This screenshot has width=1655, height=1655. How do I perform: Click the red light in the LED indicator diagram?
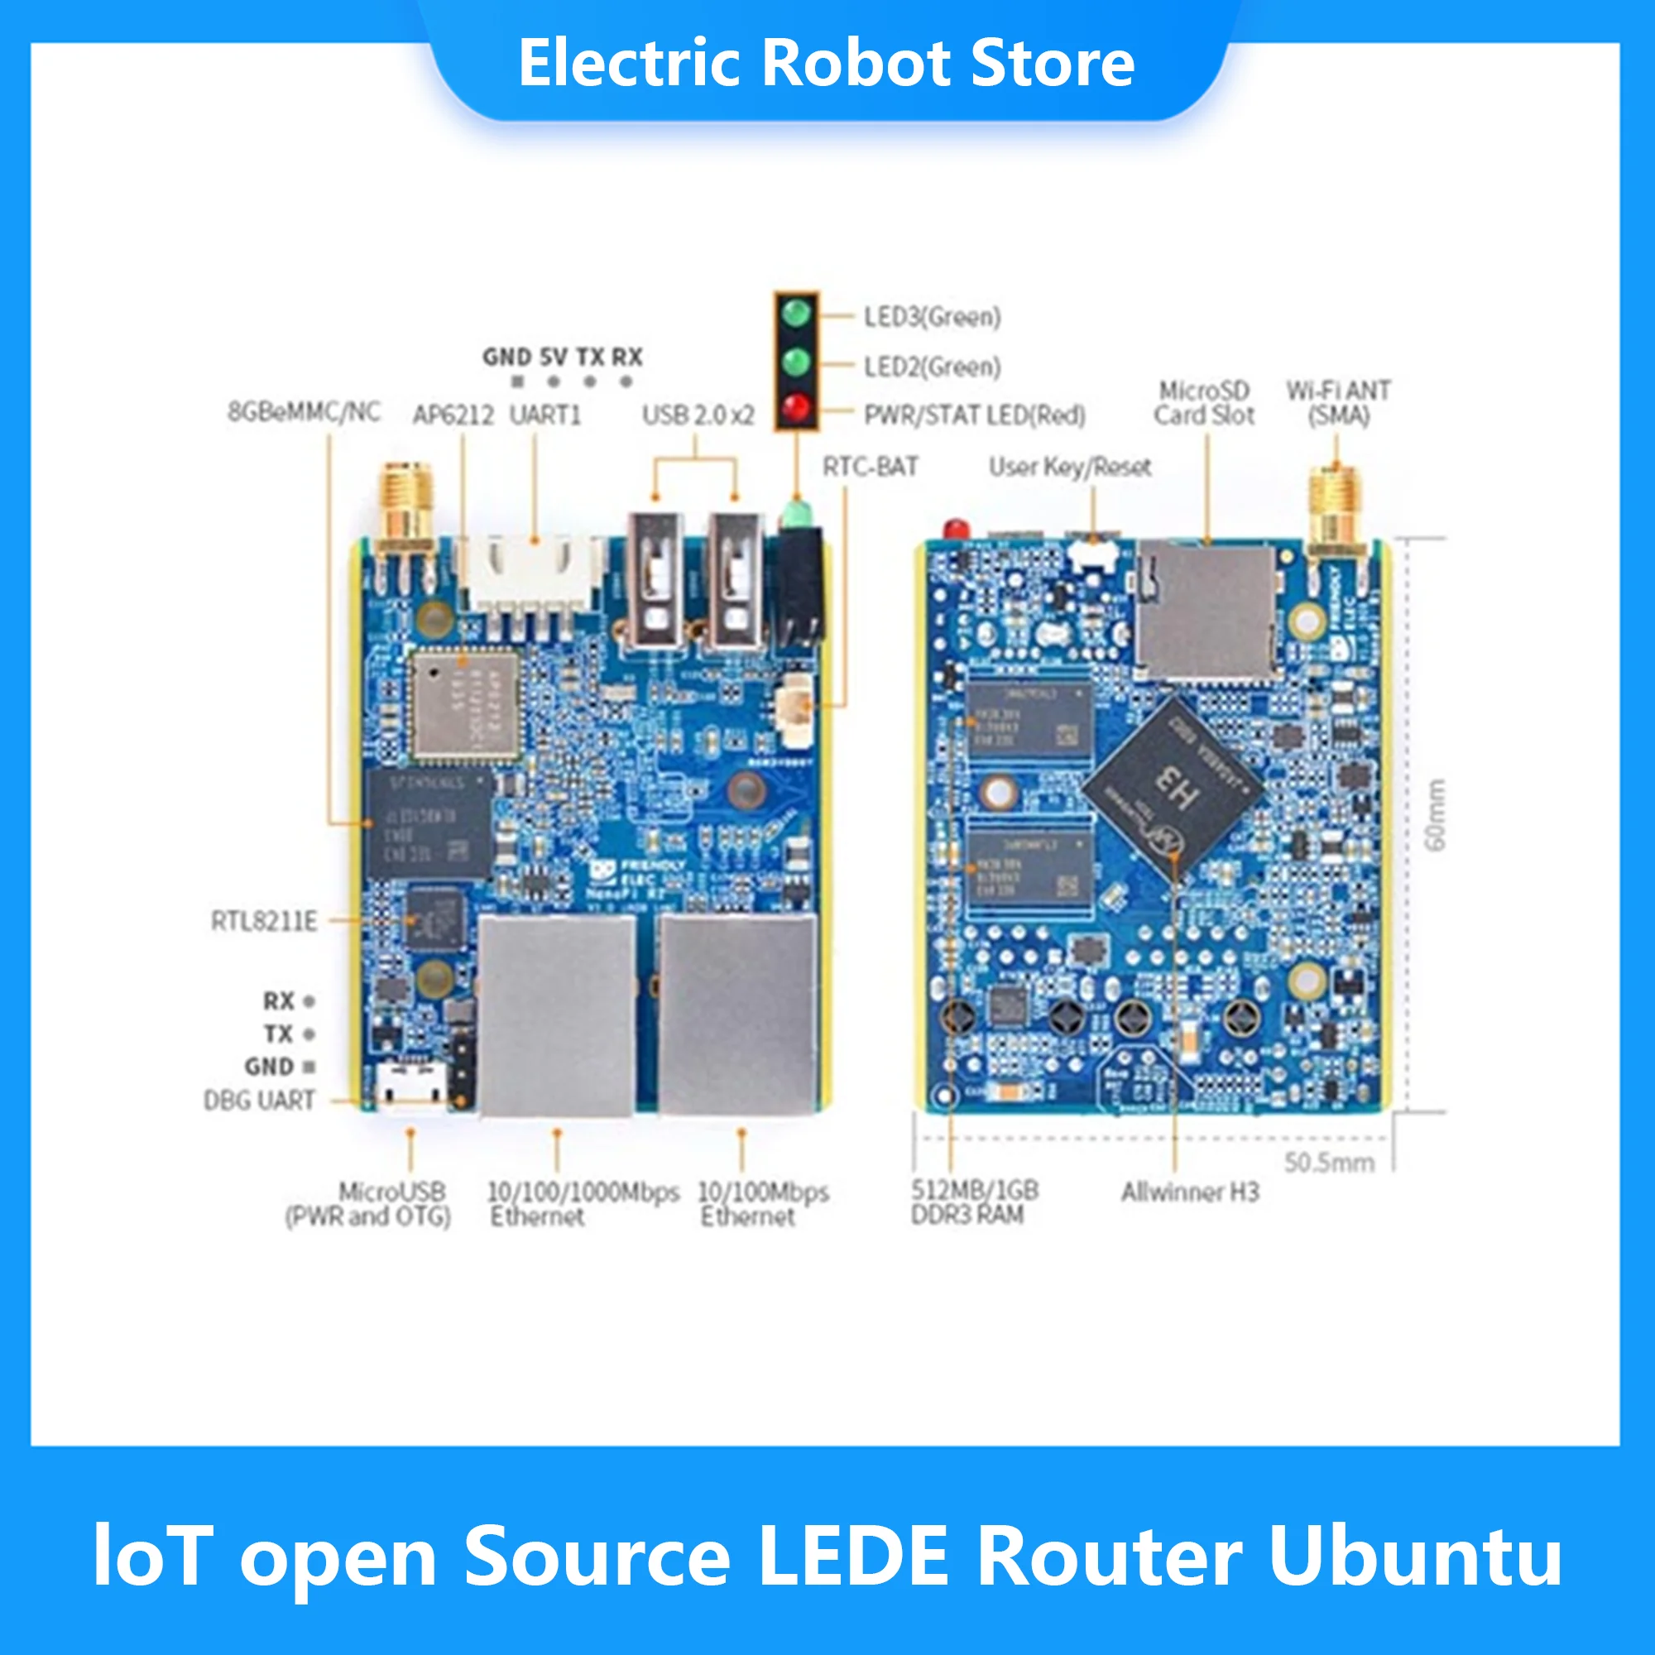click(x=796, y=407)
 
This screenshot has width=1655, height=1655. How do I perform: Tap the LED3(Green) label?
click(x=932, y=317)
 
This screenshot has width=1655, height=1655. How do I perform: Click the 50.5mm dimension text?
click(x=1329, y=1163)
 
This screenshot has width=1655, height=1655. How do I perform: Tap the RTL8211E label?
click(x=264, y=921)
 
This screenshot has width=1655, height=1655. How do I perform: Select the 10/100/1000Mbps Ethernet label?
click(x=583, y=1203)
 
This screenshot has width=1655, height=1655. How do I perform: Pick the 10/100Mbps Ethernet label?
click(x=762, y=1203)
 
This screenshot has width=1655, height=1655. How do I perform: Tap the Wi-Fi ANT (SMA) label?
click(x=1338, y=403)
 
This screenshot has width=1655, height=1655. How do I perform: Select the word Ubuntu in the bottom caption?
click(x=1415, y=1555)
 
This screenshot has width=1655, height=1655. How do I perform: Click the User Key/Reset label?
click(x=1070, y=467)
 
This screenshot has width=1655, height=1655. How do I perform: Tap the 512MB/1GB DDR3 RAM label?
click(x=974, y=1202)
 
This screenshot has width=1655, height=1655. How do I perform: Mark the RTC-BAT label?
click(x=870, y=467)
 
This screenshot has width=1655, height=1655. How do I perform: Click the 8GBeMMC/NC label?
click(x=303, y=412)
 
